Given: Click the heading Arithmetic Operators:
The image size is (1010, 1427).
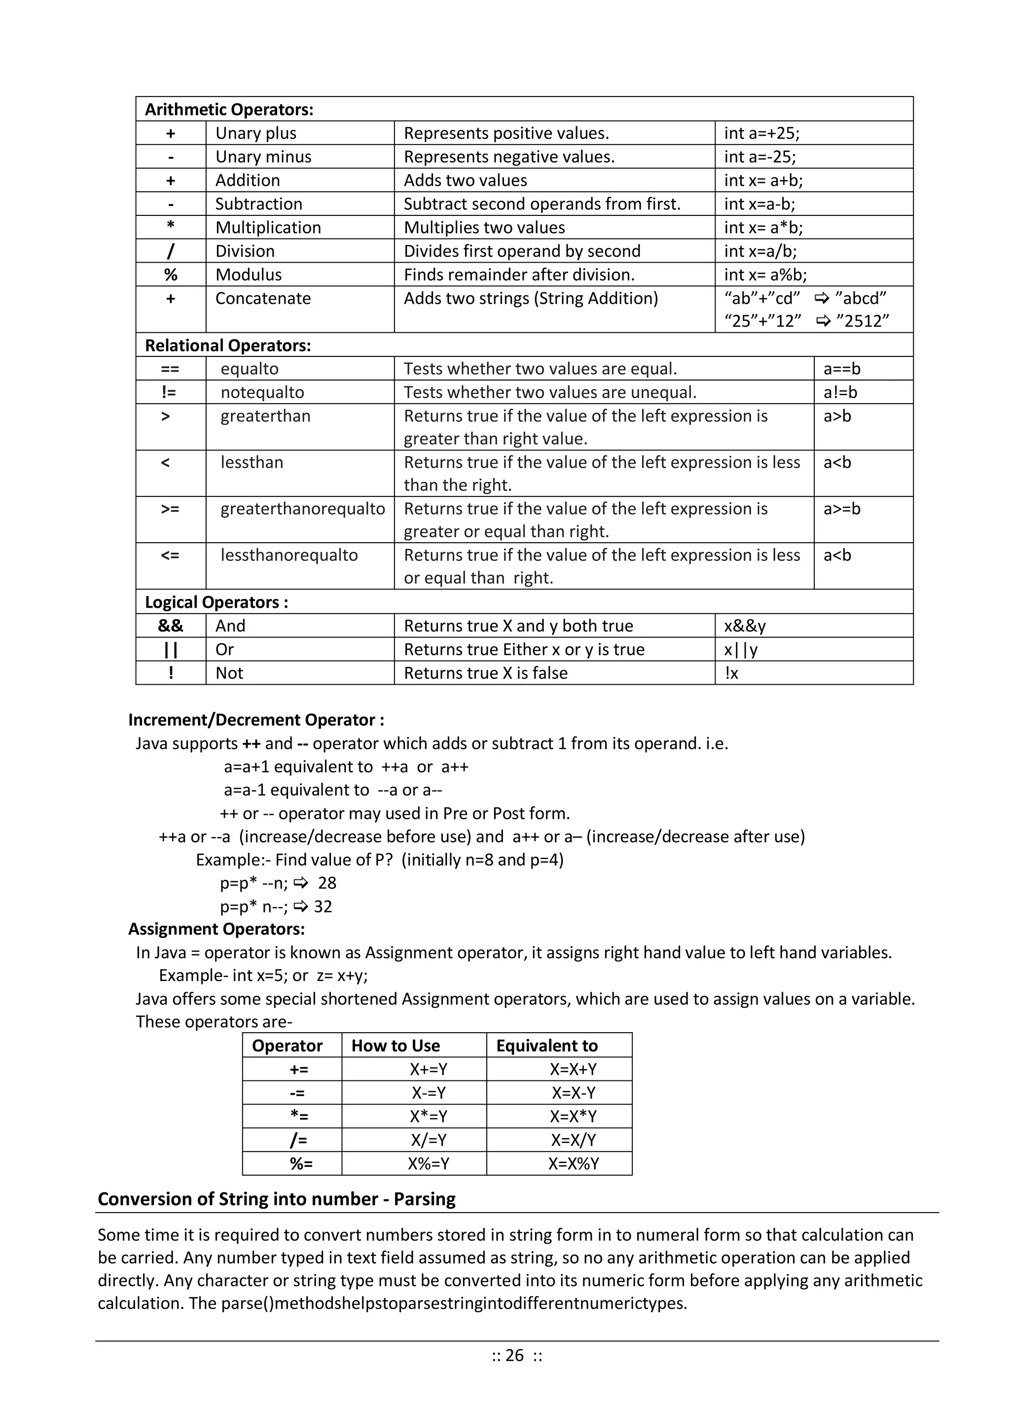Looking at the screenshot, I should click(x=229, y=109).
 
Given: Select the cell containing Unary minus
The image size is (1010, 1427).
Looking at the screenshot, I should click(x=263, y=157).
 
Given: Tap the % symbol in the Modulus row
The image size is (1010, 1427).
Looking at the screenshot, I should click(x=171, y=275).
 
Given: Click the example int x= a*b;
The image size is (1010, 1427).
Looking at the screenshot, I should click(x=763, y=227).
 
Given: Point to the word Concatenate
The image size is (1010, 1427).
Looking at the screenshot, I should click(x=263, y=298).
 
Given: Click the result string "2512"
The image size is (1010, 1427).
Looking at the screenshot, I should click(x=863, y=321).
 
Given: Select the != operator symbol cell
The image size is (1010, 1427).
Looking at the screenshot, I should click(x=169, y=392).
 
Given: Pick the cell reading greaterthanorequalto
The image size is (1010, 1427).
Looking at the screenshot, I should click(x=302, y=509).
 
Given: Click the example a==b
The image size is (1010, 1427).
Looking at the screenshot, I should click(x=841, y=369).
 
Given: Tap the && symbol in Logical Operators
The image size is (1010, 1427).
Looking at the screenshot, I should click(x=171, y=626).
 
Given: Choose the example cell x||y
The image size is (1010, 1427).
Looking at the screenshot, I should click(x=741, y=650).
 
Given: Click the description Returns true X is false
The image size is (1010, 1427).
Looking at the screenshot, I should click(x=486, y=673).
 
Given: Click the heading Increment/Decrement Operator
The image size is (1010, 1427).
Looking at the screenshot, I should click(x=255, y=720).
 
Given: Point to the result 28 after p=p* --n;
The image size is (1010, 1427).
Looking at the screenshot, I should click(x=327, y=883).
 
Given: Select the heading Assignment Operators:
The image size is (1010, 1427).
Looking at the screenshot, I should click(x=216, y=929).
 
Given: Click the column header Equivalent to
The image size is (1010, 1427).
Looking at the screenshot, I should click(x=546, y=1046).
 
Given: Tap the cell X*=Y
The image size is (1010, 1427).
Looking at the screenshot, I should click(x=429, y=1117).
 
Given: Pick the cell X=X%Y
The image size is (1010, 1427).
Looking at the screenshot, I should click(x=574, y=1164).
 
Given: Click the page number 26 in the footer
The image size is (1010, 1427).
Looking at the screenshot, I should click(x=514, y=1356).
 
